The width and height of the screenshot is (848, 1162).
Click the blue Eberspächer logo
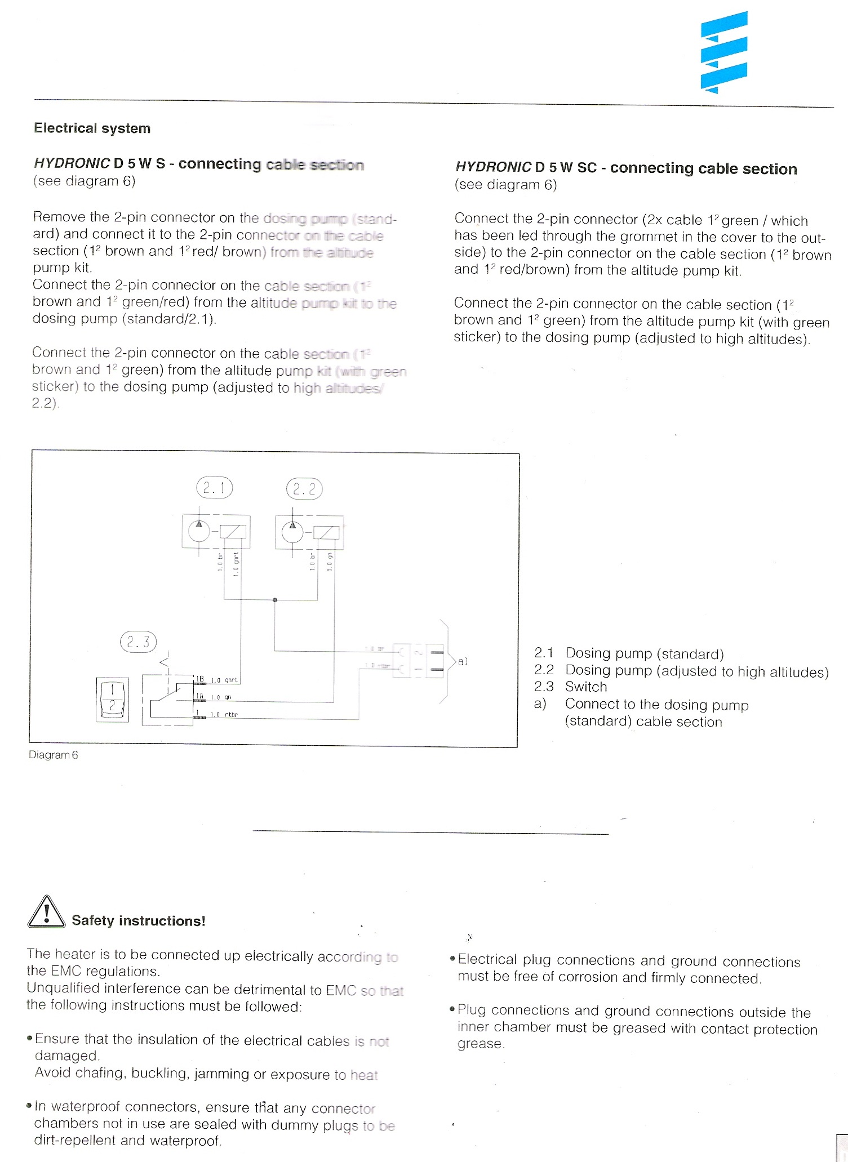tap(724, 52)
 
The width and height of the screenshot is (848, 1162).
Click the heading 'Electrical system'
tap(92, 128)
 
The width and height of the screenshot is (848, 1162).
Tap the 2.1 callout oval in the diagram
tap(214, 488)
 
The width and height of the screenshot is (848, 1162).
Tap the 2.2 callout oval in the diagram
tap(304, 489)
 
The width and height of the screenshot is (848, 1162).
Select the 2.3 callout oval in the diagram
tap(138, 642)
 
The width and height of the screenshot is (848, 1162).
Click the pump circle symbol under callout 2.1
tap(198, 531)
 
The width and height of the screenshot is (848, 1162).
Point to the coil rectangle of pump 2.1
tap(233, 532)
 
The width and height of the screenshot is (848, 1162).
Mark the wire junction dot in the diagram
tap(275, 600)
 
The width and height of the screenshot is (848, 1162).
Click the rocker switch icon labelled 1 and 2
tap(112, 700)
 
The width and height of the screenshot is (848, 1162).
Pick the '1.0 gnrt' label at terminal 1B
tap(224, 680)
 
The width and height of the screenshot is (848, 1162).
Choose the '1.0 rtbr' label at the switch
tap(224, 715)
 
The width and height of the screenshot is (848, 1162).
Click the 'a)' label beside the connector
tap(463, 661)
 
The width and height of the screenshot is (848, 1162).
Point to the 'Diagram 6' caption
tap(54, 755)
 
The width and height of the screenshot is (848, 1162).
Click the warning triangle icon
tap(46, 912)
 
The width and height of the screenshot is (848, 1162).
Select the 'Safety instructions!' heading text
tap(139, 921)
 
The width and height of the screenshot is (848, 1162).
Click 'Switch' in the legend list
tap(586, 687)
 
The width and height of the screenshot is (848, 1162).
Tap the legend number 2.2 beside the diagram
tap(544, 670)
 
